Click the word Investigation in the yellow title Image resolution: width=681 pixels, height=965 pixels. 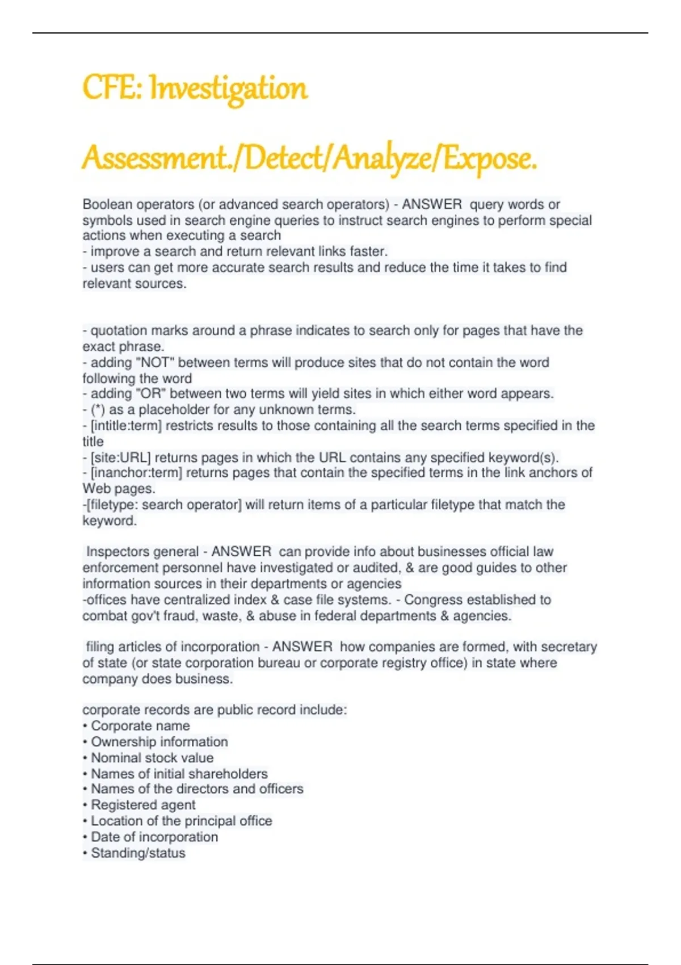point(228,89)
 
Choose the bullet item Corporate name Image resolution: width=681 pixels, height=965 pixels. point(140,725)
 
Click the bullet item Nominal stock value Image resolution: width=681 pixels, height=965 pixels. point(152,758)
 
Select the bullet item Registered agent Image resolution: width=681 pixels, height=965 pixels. point(143,805)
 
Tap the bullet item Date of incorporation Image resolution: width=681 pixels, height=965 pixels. point(154,837)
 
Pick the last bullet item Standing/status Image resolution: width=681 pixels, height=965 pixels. point(138,853)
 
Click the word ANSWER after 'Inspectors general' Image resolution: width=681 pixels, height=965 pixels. point(241,552)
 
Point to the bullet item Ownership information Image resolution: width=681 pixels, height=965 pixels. point(159,742)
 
